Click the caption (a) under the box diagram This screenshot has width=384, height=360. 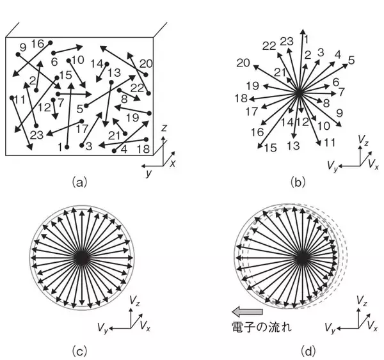click(79, 183)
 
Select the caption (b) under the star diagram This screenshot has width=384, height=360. click(298, 183)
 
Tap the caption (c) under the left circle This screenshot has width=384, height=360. click(79, 352)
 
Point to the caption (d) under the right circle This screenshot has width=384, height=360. click(308, 352)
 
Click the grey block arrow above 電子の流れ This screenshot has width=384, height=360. click(247, 312)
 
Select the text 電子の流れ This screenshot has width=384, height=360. click(262, 327)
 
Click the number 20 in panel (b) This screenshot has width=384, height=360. click(243, 63)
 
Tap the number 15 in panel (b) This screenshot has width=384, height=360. click(271, 148)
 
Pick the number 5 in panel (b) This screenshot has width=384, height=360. click(351, 60)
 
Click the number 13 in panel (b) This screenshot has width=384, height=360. click(293, 146)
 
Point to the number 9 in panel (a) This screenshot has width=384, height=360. click(23, 47)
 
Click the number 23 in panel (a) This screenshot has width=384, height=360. click(36, 135)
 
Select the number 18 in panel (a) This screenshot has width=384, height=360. click(143, 149)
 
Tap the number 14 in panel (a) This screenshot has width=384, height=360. click(97, 64)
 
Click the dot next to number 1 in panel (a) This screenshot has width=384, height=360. click(67, 147)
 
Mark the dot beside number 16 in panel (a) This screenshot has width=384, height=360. click(51, 43)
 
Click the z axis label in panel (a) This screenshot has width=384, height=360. click(164, 128)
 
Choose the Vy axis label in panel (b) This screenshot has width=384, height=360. click(333, 166)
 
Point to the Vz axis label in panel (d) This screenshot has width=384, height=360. click(362, 301)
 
